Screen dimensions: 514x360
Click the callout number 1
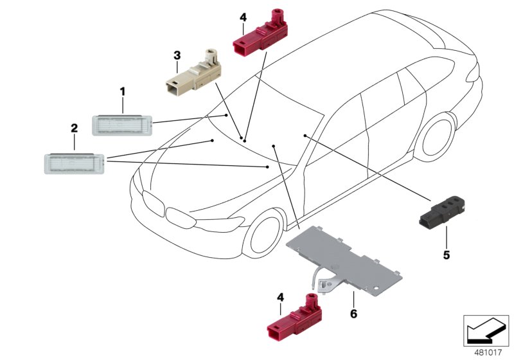[x=123, y=91]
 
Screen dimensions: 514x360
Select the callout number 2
[x=75, y=128]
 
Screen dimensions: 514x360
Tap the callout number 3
[x=177, y=55]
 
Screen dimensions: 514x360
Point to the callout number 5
[x=447, y=255]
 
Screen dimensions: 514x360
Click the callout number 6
[x=353, y=314]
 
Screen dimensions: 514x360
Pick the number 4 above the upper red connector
[x=243, y=17]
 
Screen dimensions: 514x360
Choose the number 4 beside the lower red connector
[x=280, y=298]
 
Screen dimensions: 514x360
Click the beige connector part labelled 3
[x=193, y=73]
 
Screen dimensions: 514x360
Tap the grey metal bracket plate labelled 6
[x=344, y=260]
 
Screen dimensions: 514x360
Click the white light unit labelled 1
[x=122, y=125]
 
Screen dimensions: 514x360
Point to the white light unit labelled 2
[x=75, y=163]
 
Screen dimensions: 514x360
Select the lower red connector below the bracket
[x=294, y=318]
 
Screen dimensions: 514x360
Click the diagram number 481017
[x=488, y=352]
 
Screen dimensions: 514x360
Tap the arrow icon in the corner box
[x=486, y=330]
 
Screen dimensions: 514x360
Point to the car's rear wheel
[x=438, y=137]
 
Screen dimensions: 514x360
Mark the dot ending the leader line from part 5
[x=305, y=136]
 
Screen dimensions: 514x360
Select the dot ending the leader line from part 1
[x=226, y=115]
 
